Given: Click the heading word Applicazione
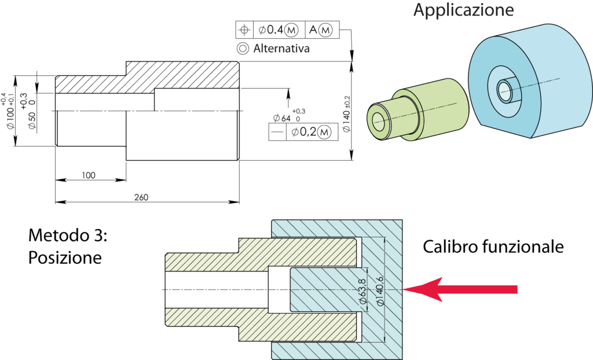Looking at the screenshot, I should [463, 10].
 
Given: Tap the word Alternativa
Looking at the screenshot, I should [281, 49].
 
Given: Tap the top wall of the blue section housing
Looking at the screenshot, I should [336, 229].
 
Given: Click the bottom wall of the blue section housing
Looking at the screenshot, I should [336, 350].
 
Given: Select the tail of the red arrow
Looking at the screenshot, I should [510, 289].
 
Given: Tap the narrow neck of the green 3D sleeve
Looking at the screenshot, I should [400, 119].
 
